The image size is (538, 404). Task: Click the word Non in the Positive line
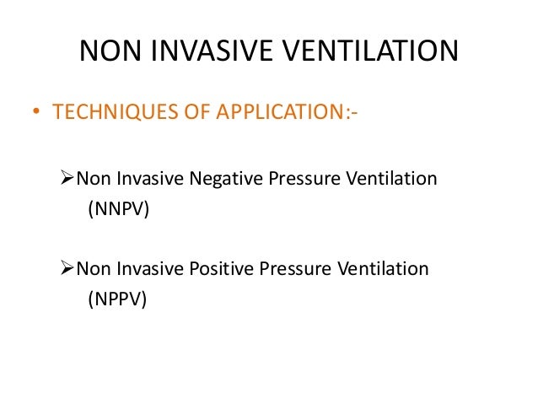(93, 269)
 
